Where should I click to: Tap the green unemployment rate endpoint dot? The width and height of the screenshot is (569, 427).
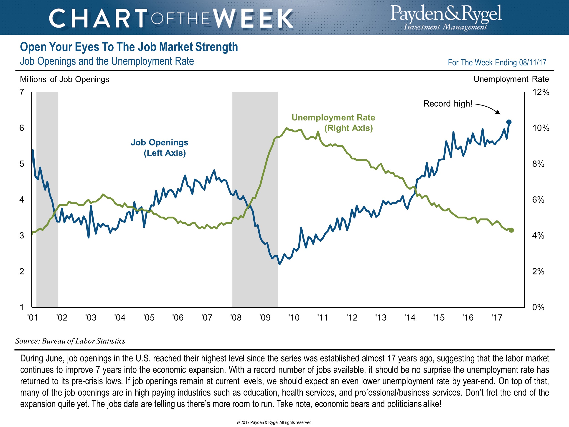(x=511, y=230)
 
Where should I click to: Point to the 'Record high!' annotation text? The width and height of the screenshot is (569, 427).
(x=448, y=104)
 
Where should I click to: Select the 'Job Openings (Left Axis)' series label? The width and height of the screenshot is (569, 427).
(x=160, y=148)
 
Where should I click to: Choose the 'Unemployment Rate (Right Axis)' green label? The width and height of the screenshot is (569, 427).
(x=333, y=123)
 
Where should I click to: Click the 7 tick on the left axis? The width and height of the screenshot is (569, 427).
(x=22, y=92)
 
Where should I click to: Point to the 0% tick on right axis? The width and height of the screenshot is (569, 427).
(x=538, y=307)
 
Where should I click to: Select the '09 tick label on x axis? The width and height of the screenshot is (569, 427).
(x=265, y=318)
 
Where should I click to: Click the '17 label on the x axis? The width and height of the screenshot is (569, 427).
(x=497, y=318)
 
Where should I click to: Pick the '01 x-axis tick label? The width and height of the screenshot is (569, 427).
(x=33, y=318)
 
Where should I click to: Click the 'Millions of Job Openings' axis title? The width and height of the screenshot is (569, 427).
(x=65, y=79)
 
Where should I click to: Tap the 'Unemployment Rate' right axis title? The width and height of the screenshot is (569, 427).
(x=511, y=79)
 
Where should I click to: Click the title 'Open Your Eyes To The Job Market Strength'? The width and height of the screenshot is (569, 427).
(x=129, y=47)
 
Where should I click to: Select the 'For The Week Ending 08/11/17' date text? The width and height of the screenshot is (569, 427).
(x=497, y=63)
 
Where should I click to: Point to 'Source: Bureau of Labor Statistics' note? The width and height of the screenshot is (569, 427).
(x=70, y=341)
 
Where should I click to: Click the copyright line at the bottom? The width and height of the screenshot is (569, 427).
(x=274, y=422)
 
